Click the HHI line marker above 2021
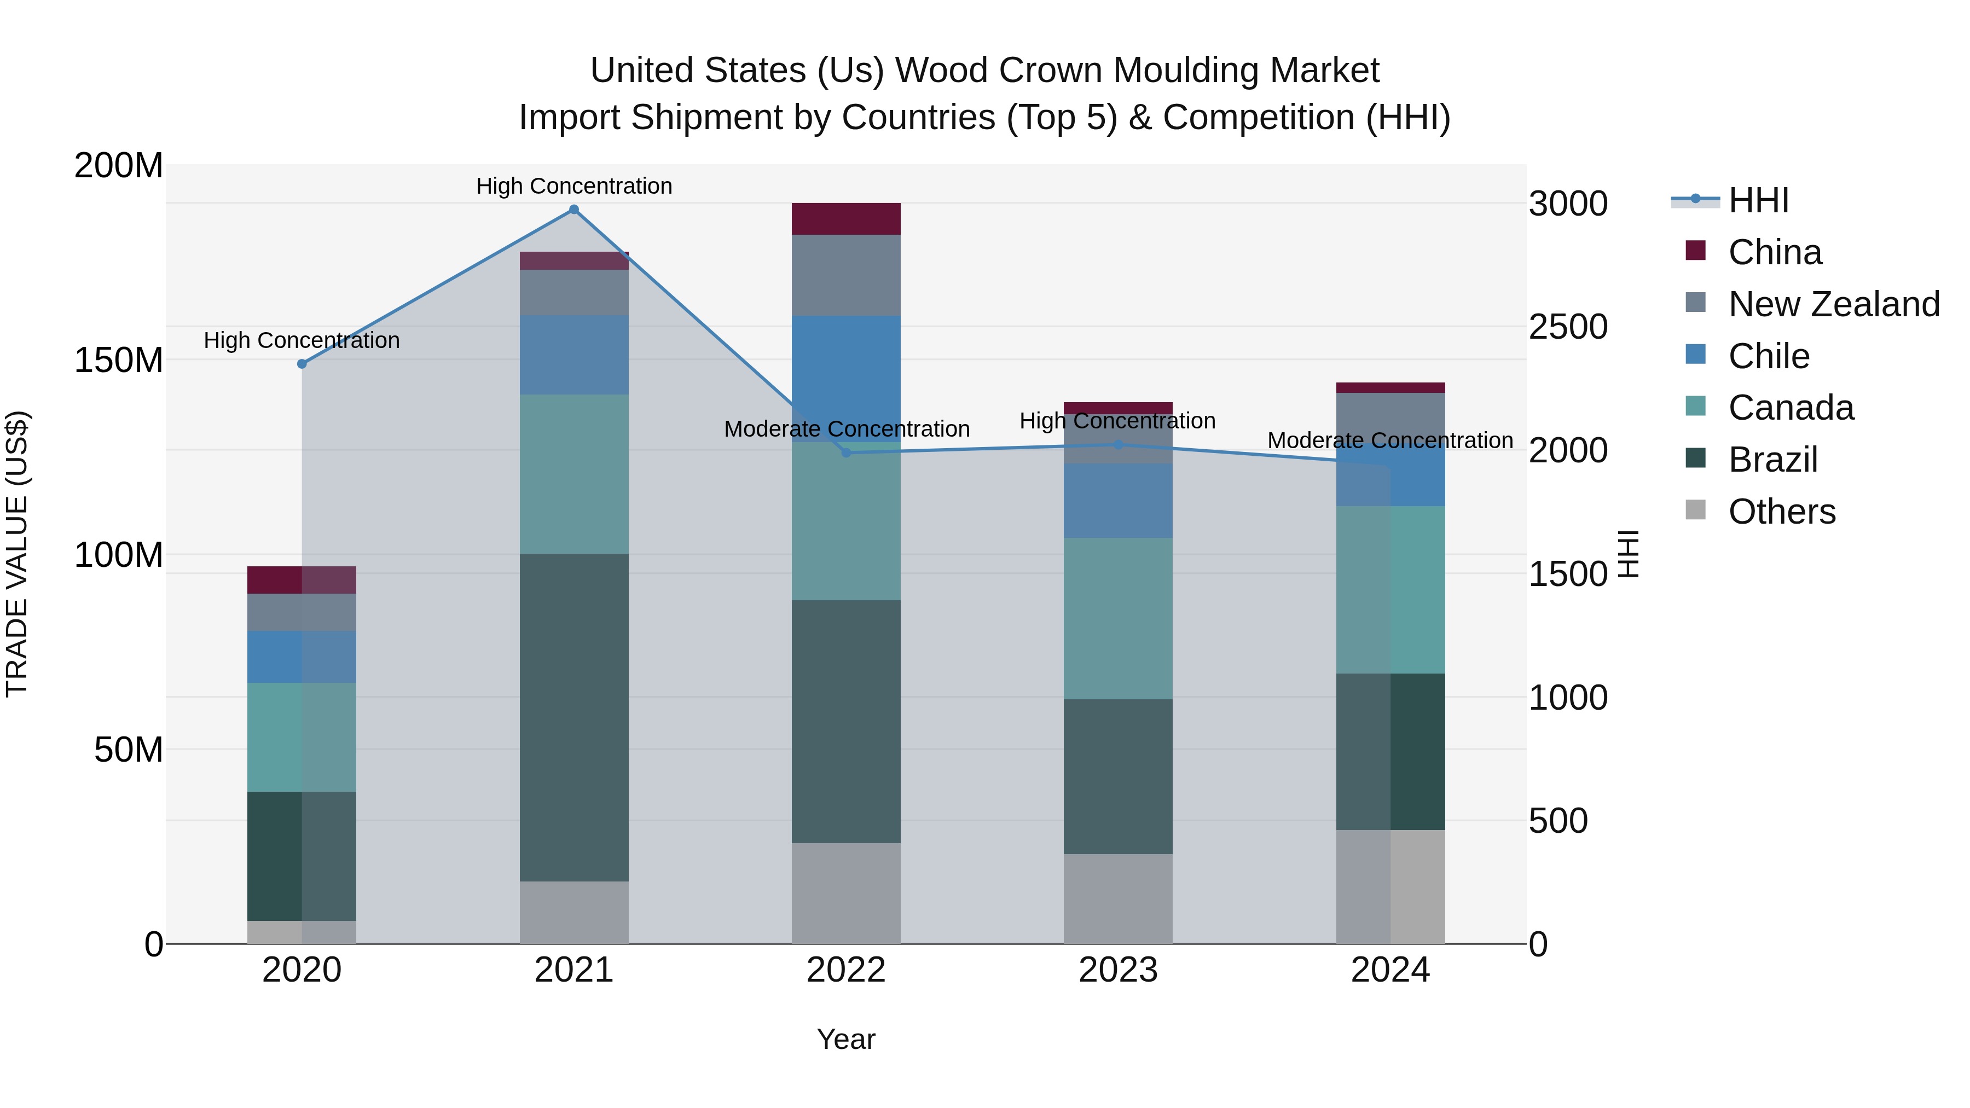573,210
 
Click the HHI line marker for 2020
302,364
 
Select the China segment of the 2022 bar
846,219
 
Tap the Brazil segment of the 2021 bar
573,717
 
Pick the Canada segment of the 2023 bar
1117,618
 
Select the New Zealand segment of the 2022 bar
846,275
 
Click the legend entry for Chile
1768,356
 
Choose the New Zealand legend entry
1833,304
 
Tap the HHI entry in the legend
1758,200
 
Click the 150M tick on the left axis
119,360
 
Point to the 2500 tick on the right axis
1568,327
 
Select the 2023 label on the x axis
1117,970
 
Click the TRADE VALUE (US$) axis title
17,554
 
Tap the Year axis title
846,1039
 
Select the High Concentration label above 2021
573,186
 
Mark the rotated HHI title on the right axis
1629,554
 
